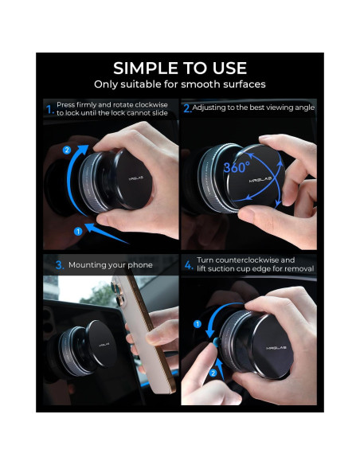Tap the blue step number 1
click(49, 109)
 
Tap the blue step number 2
click(187, 108)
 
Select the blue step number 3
click(58, 265)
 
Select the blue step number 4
click(188, 265)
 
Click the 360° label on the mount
click(237, 169)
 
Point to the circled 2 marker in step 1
click(66, 149)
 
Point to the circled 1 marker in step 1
click(78, 231)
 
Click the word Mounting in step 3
click(87, 265)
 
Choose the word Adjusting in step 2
click(214, 107)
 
